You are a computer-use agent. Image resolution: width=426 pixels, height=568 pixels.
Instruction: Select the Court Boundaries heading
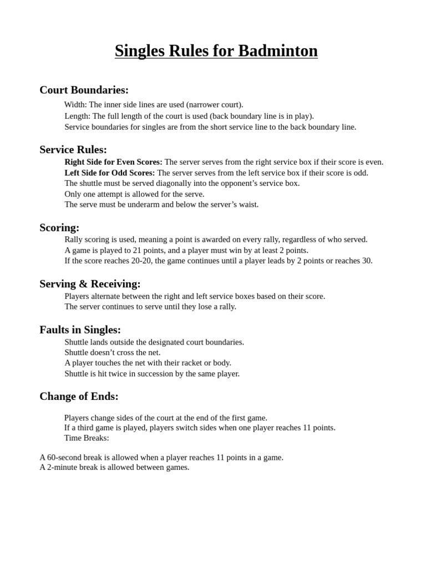pos(84,90)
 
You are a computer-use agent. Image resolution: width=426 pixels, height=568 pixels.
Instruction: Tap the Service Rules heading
pos(73,149)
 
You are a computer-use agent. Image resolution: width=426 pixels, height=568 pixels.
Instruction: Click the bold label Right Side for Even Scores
pos(113,162)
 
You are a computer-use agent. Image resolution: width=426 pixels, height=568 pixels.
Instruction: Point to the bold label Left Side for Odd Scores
pos(110,173)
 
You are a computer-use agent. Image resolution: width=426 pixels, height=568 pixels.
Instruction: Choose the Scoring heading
pos(59,227)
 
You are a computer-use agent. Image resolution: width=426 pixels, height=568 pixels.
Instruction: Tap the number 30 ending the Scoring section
pos(367,261)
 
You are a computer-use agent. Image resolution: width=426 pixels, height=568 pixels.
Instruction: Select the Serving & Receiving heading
pos(90,284)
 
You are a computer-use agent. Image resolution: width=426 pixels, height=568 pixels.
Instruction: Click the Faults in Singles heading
pos(80,329)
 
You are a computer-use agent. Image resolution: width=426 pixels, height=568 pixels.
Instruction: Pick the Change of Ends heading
pos(79,396)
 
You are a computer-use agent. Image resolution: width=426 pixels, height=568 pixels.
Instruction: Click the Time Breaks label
pos(87,438)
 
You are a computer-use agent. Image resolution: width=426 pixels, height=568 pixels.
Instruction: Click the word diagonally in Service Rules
pos(161,183)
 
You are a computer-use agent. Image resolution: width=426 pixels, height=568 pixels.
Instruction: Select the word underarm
pos(152,204)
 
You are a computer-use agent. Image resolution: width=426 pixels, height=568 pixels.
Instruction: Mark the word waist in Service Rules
pos(248,204)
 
